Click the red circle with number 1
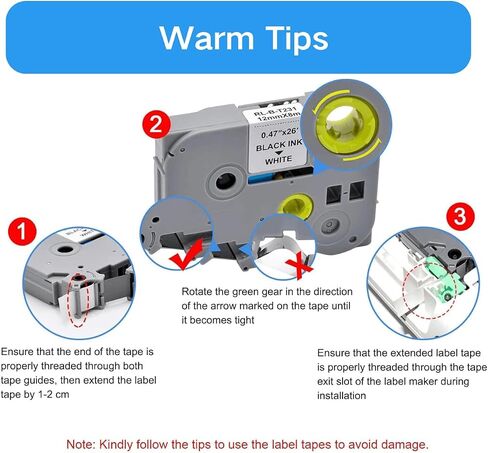22,231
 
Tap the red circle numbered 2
156,125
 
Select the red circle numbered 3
460,217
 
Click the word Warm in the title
207,38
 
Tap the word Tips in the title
297,39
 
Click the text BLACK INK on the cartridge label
279,146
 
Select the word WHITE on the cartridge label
278,160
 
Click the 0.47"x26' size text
279,133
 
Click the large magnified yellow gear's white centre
342,123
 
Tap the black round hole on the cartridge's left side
226,182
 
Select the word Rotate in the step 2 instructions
197,292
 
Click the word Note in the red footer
81,444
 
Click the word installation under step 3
341,396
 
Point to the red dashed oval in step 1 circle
79,300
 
